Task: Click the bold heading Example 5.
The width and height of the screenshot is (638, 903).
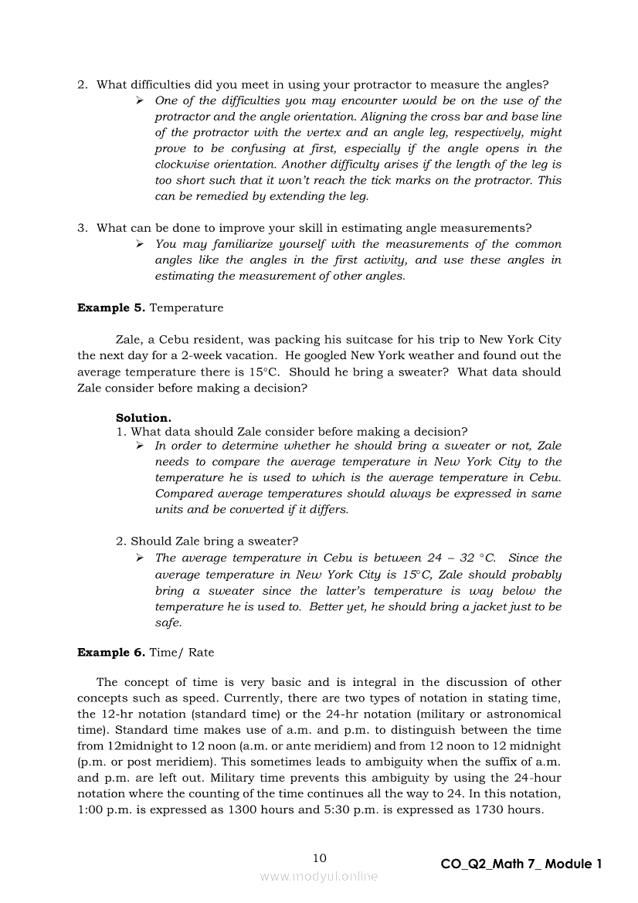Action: pos(110,308)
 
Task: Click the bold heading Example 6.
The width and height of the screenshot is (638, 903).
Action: pos(110,653)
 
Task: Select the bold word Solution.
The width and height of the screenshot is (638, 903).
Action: pos(144,418)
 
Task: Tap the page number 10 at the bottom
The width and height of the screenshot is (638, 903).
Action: pos(320,858)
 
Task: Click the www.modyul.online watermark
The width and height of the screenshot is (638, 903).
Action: pos(319,877)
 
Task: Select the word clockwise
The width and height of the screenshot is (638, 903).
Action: pos(185,165)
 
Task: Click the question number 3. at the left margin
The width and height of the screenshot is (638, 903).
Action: pos(82,229)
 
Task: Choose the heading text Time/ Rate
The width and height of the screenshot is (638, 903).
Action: pos(182,653)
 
